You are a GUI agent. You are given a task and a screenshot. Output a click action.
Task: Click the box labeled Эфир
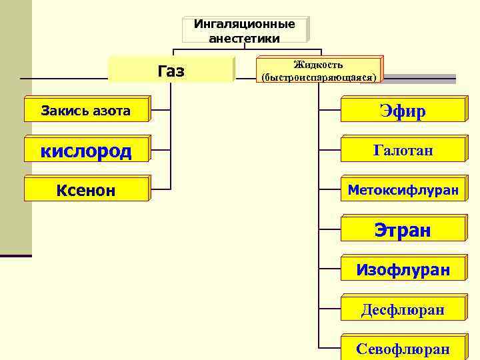point(402,111)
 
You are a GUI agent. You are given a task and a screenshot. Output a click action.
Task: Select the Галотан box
point(402,151)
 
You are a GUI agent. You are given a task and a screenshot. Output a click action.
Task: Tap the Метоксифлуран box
point(402,190)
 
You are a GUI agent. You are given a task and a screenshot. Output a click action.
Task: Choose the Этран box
point(402,230)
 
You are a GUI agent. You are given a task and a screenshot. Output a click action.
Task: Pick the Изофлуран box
point(402,270)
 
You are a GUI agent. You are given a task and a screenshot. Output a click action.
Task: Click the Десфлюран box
point(402,310)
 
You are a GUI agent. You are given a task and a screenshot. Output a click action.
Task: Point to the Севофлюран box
point(402,349)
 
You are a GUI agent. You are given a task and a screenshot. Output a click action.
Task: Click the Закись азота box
point(86,111)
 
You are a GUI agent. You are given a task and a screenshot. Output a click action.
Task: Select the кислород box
point(86,151)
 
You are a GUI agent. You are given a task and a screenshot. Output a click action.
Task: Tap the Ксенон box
point(86,191)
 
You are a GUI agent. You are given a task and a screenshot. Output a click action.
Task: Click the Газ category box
point(171,71)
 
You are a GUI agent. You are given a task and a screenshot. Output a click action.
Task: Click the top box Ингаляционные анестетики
point(244,31)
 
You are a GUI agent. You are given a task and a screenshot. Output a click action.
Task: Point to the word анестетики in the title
point(244,38)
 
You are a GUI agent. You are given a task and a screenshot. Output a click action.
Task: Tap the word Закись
point(63,111)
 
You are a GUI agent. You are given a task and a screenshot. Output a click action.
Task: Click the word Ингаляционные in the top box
point(244,24)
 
